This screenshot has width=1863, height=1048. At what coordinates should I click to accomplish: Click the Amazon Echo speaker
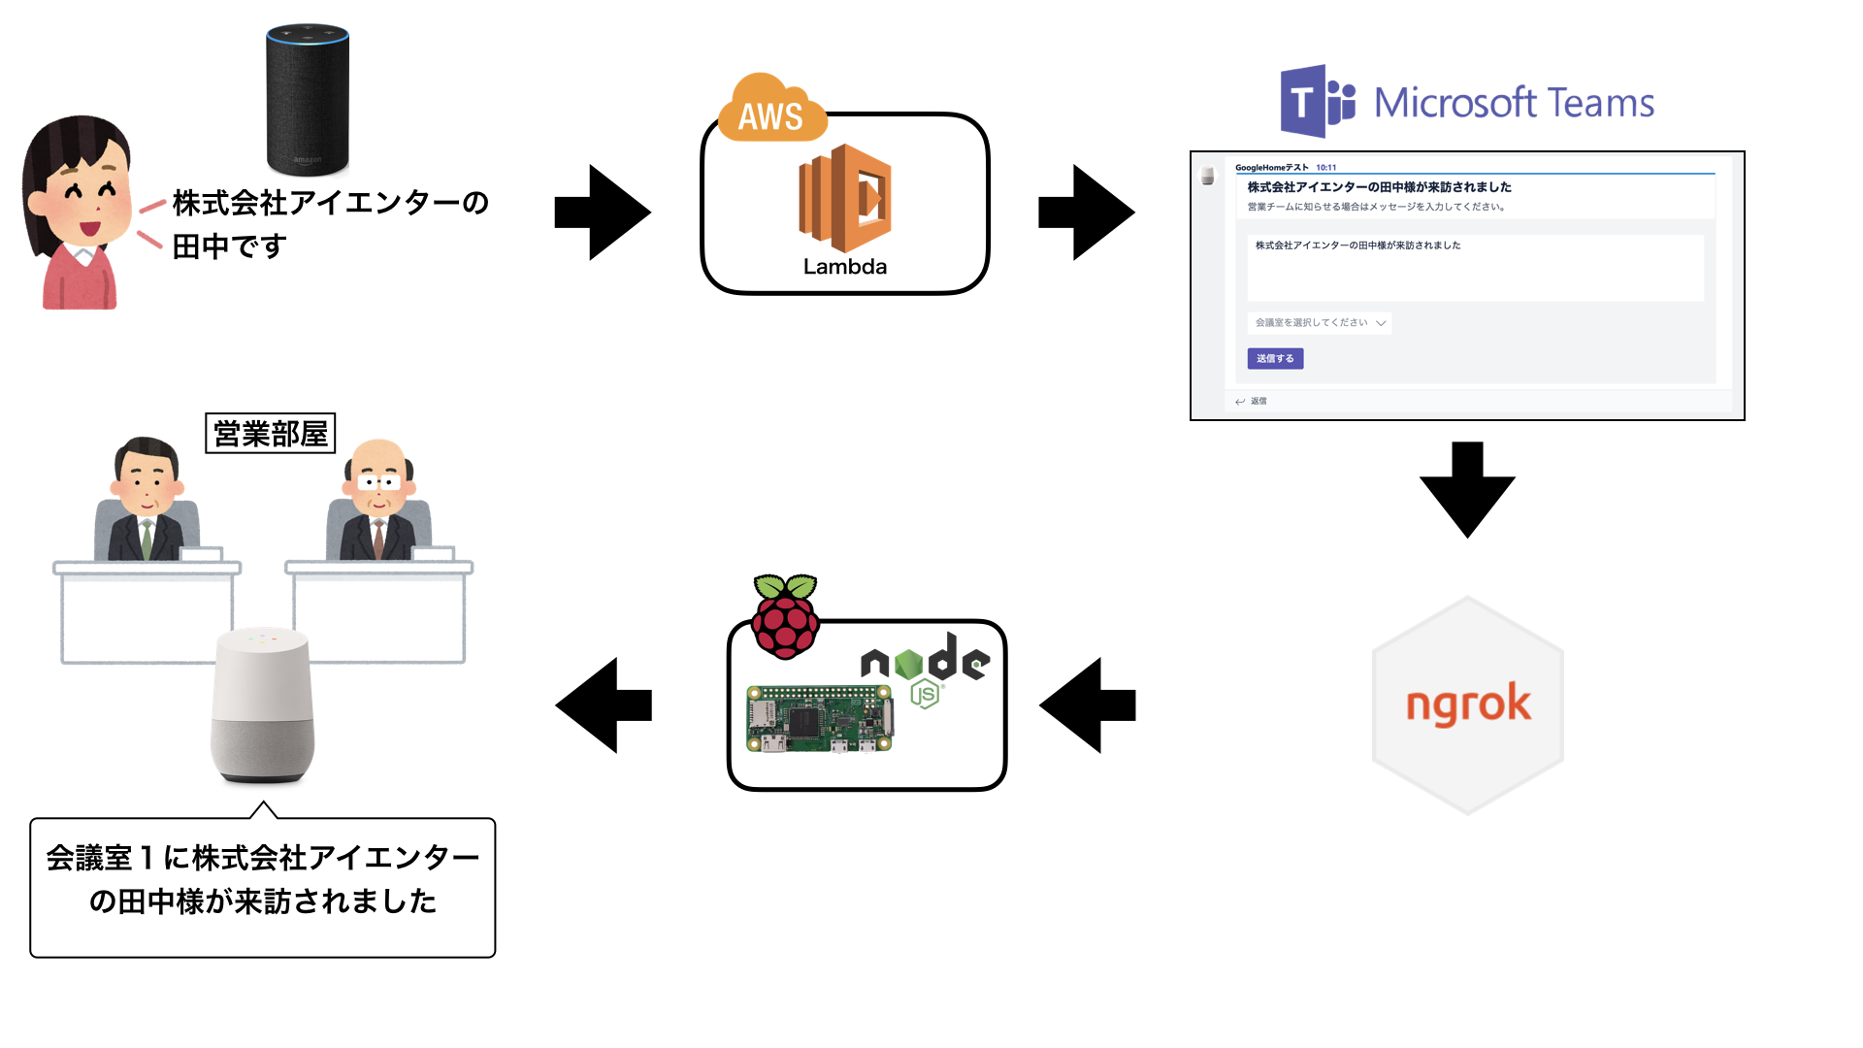tap(307, 99)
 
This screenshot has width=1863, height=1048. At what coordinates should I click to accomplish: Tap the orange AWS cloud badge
tap(771, 112)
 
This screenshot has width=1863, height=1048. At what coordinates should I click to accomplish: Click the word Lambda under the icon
tap(844, 267)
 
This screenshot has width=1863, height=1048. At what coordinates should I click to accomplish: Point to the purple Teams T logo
tap(1316, 101)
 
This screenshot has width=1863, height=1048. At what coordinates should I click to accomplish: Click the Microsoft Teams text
tap(1514, 103)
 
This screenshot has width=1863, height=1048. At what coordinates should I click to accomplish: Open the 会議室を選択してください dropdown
tap(1319, 323)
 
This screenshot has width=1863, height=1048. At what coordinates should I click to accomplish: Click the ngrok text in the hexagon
tap(1468, 704)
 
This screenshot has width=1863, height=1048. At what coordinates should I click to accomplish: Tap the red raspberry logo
tap(785, 616)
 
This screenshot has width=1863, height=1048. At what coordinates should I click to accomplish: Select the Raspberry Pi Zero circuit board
tap(820, 719)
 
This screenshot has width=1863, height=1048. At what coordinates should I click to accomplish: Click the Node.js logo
tap(925, 668)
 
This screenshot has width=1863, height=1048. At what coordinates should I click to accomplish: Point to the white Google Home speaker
tap(262, 704)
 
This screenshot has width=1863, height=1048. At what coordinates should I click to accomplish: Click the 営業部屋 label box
tap(271, 434)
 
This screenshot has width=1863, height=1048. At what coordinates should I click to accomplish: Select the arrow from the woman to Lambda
tap(602, 213)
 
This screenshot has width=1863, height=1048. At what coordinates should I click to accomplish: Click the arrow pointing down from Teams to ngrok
tap(1467, 488)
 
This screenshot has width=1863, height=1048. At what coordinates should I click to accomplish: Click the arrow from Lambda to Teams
tap(1086, 213)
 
